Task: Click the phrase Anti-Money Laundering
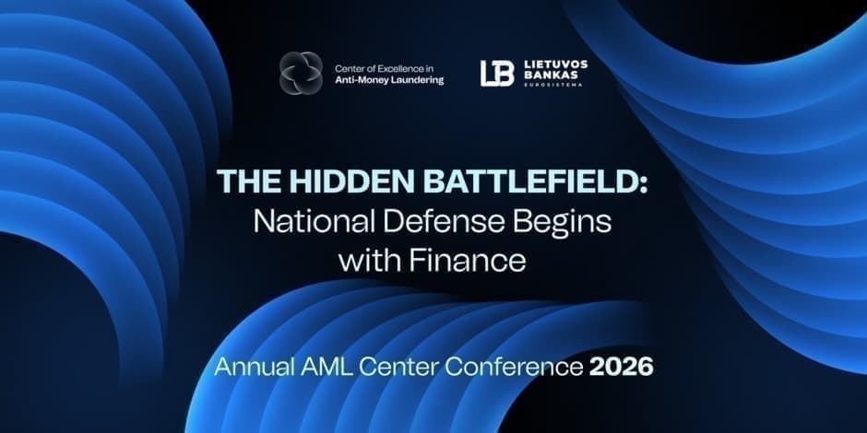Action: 388,81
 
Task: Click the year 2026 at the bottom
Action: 621,366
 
